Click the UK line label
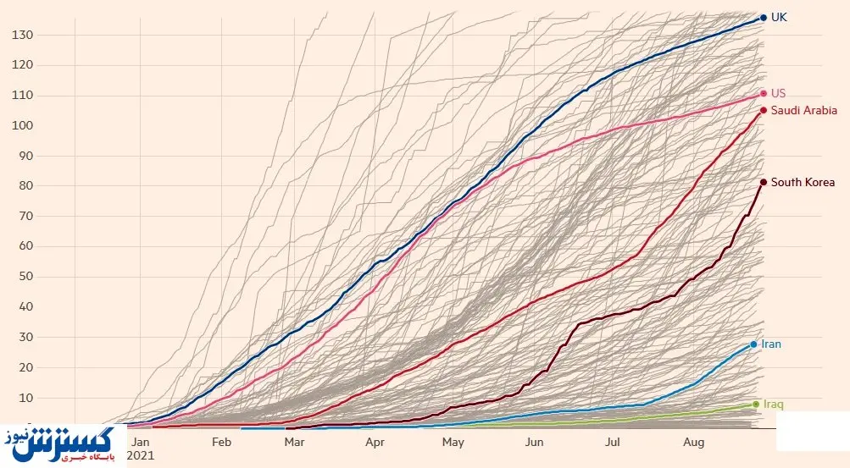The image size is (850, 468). [x=778, y=17]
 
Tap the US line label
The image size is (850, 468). [x=778, y=93]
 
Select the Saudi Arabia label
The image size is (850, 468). [x=803, y=110]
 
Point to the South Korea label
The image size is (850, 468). [x=803, y=183]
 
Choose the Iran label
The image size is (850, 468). [x=771, y=344]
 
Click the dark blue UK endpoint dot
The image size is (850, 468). [x=764, y=17]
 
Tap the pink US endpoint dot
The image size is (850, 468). [x=764, y=93]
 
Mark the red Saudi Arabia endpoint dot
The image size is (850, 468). [x=764, y=110]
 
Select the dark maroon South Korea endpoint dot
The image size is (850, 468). [x=764, y=183]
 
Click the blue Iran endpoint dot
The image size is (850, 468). [x=753, y=344]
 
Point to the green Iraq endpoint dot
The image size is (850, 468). [x=756, y=405]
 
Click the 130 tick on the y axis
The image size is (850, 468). [x=22, y=35]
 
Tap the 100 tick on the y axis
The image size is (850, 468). [x=22, y=126]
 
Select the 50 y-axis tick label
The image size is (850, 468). [x=25, y=277]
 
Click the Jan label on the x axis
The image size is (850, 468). [x=141, y=442]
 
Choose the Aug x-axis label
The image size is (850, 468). [x=693, y=442]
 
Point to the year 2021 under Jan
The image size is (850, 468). [x=141, y=455]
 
